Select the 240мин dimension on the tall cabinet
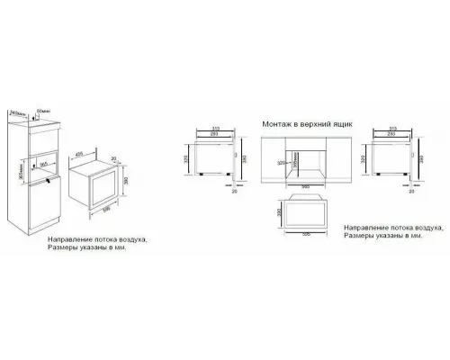coord(14,112)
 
